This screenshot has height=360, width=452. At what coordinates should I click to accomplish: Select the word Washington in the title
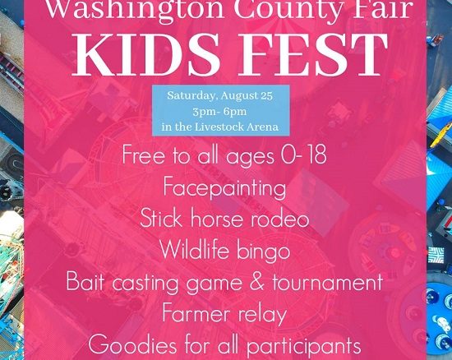[134, 9]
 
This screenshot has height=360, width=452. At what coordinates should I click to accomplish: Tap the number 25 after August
[266, 95]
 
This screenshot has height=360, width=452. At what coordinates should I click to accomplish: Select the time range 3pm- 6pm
[219, 112]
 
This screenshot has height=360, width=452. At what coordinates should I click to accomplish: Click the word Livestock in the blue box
[220, 127]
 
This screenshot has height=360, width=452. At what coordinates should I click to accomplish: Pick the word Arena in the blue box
[264, 127]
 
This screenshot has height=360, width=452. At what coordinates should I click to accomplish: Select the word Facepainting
[224, 188]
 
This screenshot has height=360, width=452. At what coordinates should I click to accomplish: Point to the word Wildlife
[195, 250]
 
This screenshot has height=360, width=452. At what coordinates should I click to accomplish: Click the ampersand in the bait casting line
[257, 281]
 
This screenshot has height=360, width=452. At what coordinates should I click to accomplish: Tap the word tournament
[327, 282]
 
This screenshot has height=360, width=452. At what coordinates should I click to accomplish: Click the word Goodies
[132, 344]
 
